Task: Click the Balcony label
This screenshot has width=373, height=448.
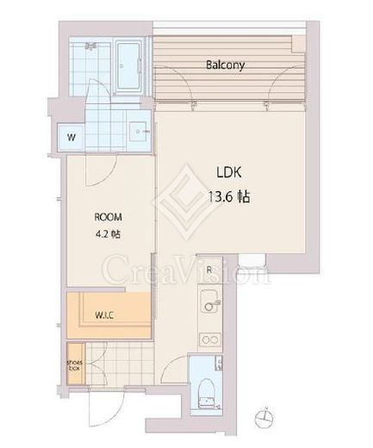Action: (x=226, y=65)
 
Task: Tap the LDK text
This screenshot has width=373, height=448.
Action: (x=229, y=172)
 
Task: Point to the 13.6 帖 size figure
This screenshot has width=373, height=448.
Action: (x=229, y=197)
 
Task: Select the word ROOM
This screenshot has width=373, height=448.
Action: (x=108, y=217)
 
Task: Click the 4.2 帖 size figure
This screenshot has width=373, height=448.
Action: (x=108, y=234)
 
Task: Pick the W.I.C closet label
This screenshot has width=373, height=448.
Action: (x=104, y=315)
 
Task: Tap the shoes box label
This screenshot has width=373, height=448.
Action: (x=74, y=365)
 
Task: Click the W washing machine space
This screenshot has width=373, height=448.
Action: (x=71, y=137)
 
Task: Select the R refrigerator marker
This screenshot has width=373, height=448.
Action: (x=209, y=270)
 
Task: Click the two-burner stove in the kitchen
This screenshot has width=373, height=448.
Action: (x=210, y=340)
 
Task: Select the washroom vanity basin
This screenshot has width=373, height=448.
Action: (x=140, y=132)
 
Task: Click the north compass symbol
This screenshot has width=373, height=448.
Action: (x=264, y=417)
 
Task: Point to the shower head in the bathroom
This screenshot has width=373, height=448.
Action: (x=91, y=46)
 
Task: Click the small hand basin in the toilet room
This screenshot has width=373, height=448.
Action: (x=218, y=363)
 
